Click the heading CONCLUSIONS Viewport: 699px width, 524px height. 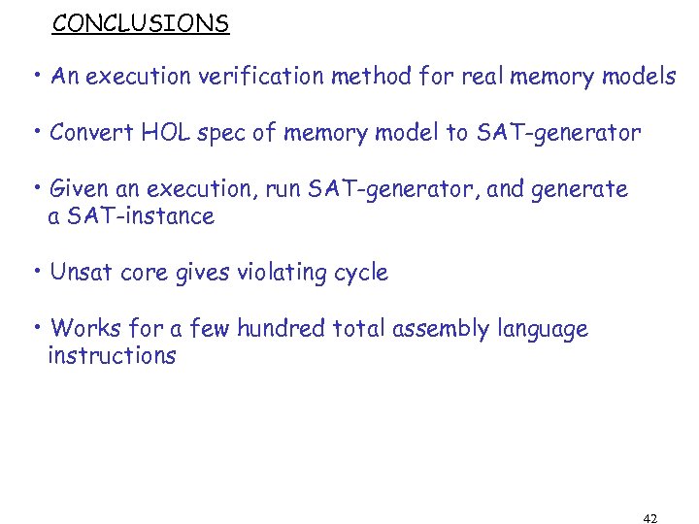[141, 23]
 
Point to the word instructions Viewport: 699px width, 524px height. [112, 356]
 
